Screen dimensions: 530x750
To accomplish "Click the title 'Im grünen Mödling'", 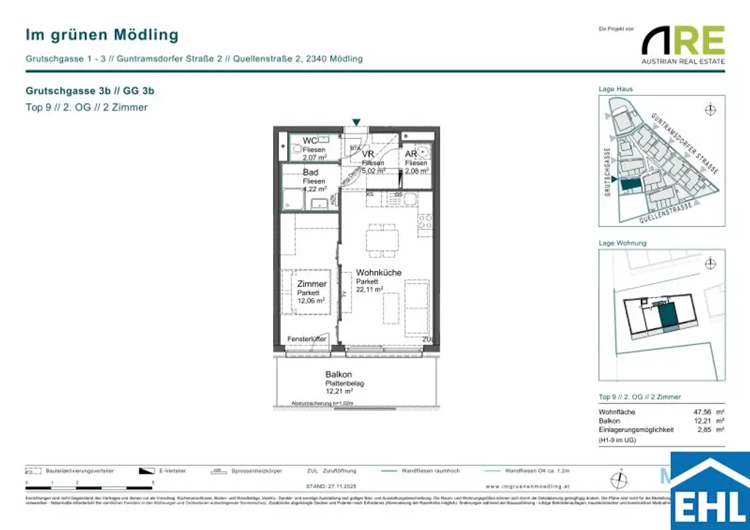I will [x=102, y=34].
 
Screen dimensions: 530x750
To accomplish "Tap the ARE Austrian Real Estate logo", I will [x=683, y=45].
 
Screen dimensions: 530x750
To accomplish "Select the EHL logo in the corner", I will [x=710, y=491].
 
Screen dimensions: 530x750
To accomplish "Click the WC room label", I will [x=311, y=141].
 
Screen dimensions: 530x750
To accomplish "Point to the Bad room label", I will [x=311, y=173].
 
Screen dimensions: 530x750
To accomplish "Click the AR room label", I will [x=412, y=154].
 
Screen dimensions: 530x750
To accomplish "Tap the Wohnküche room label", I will [x=379, y=272].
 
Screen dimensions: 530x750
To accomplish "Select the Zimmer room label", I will [x=311, y=283].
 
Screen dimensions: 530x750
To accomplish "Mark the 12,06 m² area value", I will [x=312, y=300].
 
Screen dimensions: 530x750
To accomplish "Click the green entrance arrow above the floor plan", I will [x=356, y=122].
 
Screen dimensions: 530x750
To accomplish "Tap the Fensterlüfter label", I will [x=307, y=340].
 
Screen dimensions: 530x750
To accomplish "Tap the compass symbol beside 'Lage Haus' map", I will [x=709, y=110].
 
